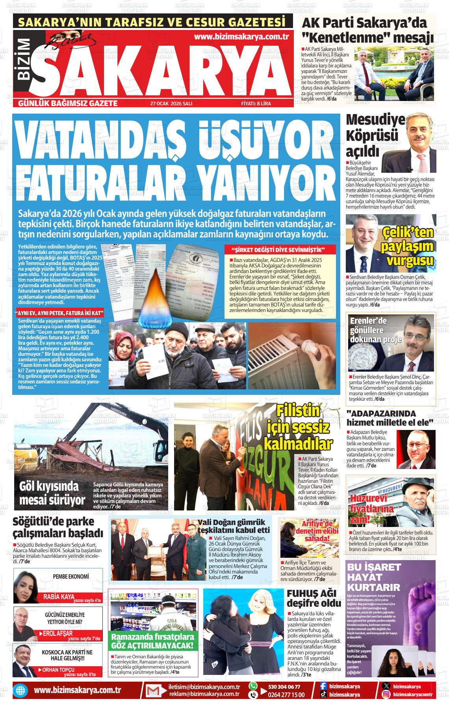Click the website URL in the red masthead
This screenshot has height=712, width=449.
(x=242, y=37)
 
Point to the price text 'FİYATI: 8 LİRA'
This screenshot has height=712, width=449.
(x=256, y=103)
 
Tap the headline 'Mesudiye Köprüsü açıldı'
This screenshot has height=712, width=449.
(x=370, y=135)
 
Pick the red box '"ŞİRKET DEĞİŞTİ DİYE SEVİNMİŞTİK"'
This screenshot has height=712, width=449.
(x=280, y=250)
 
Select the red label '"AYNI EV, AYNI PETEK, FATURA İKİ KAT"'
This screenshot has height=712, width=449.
(x=59, y=313)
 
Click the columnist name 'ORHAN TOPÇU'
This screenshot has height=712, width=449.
(x=58, y=670)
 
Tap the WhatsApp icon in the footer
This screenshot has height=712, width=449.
(x=253, y=686)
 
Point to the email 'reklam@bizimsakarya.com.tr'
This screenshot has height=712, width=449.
(x=204, y=694)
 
